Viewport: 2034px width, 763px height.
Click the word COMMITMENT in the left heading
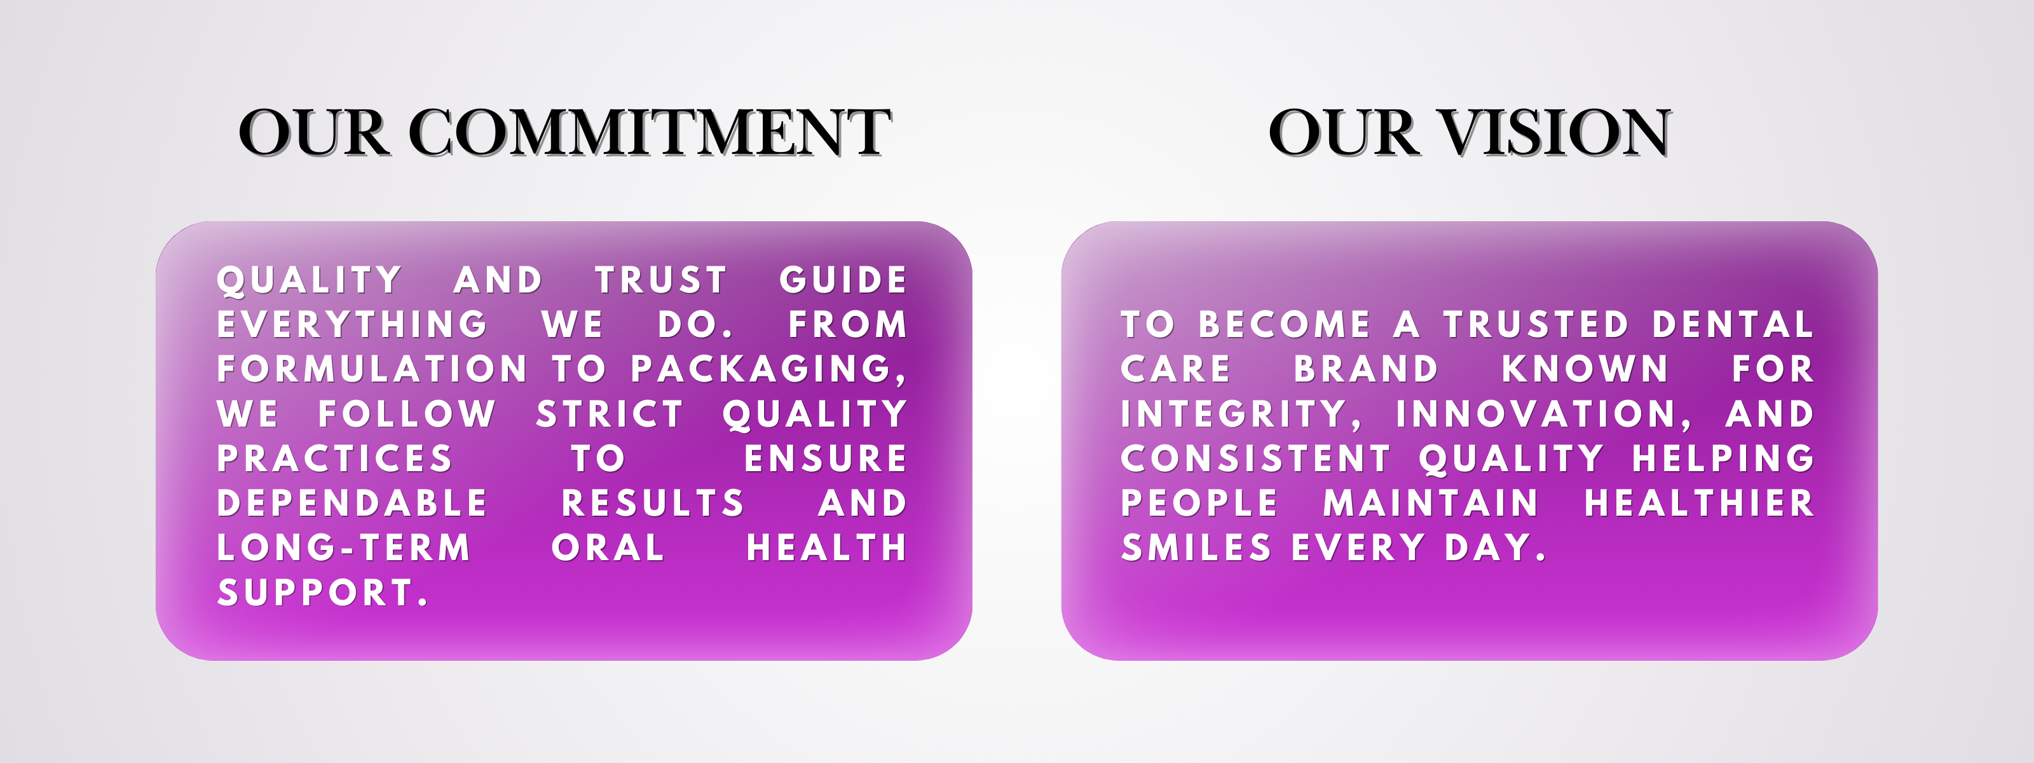(x=650, y=132)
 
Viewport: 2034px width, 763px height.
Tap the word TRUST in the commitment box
(x=661, y=280)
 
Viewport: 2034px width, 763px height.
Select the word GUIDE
(x=843, y=280)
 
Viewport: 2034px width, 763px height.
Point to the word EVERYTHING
(x=352, y=325)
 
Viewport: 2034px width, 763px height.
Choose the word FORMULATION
(x=372, y=369)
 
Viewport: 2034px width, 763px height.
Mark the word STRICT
(x=610, y=414)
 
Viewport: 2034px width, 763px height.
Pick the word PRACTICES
(x=335, y=459)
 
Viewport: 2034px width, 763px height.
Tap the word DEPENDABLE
(x=352, y=503)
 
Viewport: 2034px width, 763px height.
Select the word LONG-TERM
(x=343, y=548)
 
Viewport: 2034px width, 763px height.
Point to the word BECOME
(x=1285, y=325)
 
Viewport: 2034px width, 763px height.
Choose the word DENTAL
(x=1733, y=325)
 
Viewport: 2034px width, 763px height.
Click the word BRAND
(x=1366, y=369)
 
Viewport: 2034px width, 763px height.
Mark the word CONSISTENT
(x=1255, y=459)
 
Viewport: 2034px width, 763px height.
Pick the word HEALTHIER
(x=1699, y=503)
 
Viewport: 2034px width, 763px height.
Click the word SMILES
(x=1196, y=548)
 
